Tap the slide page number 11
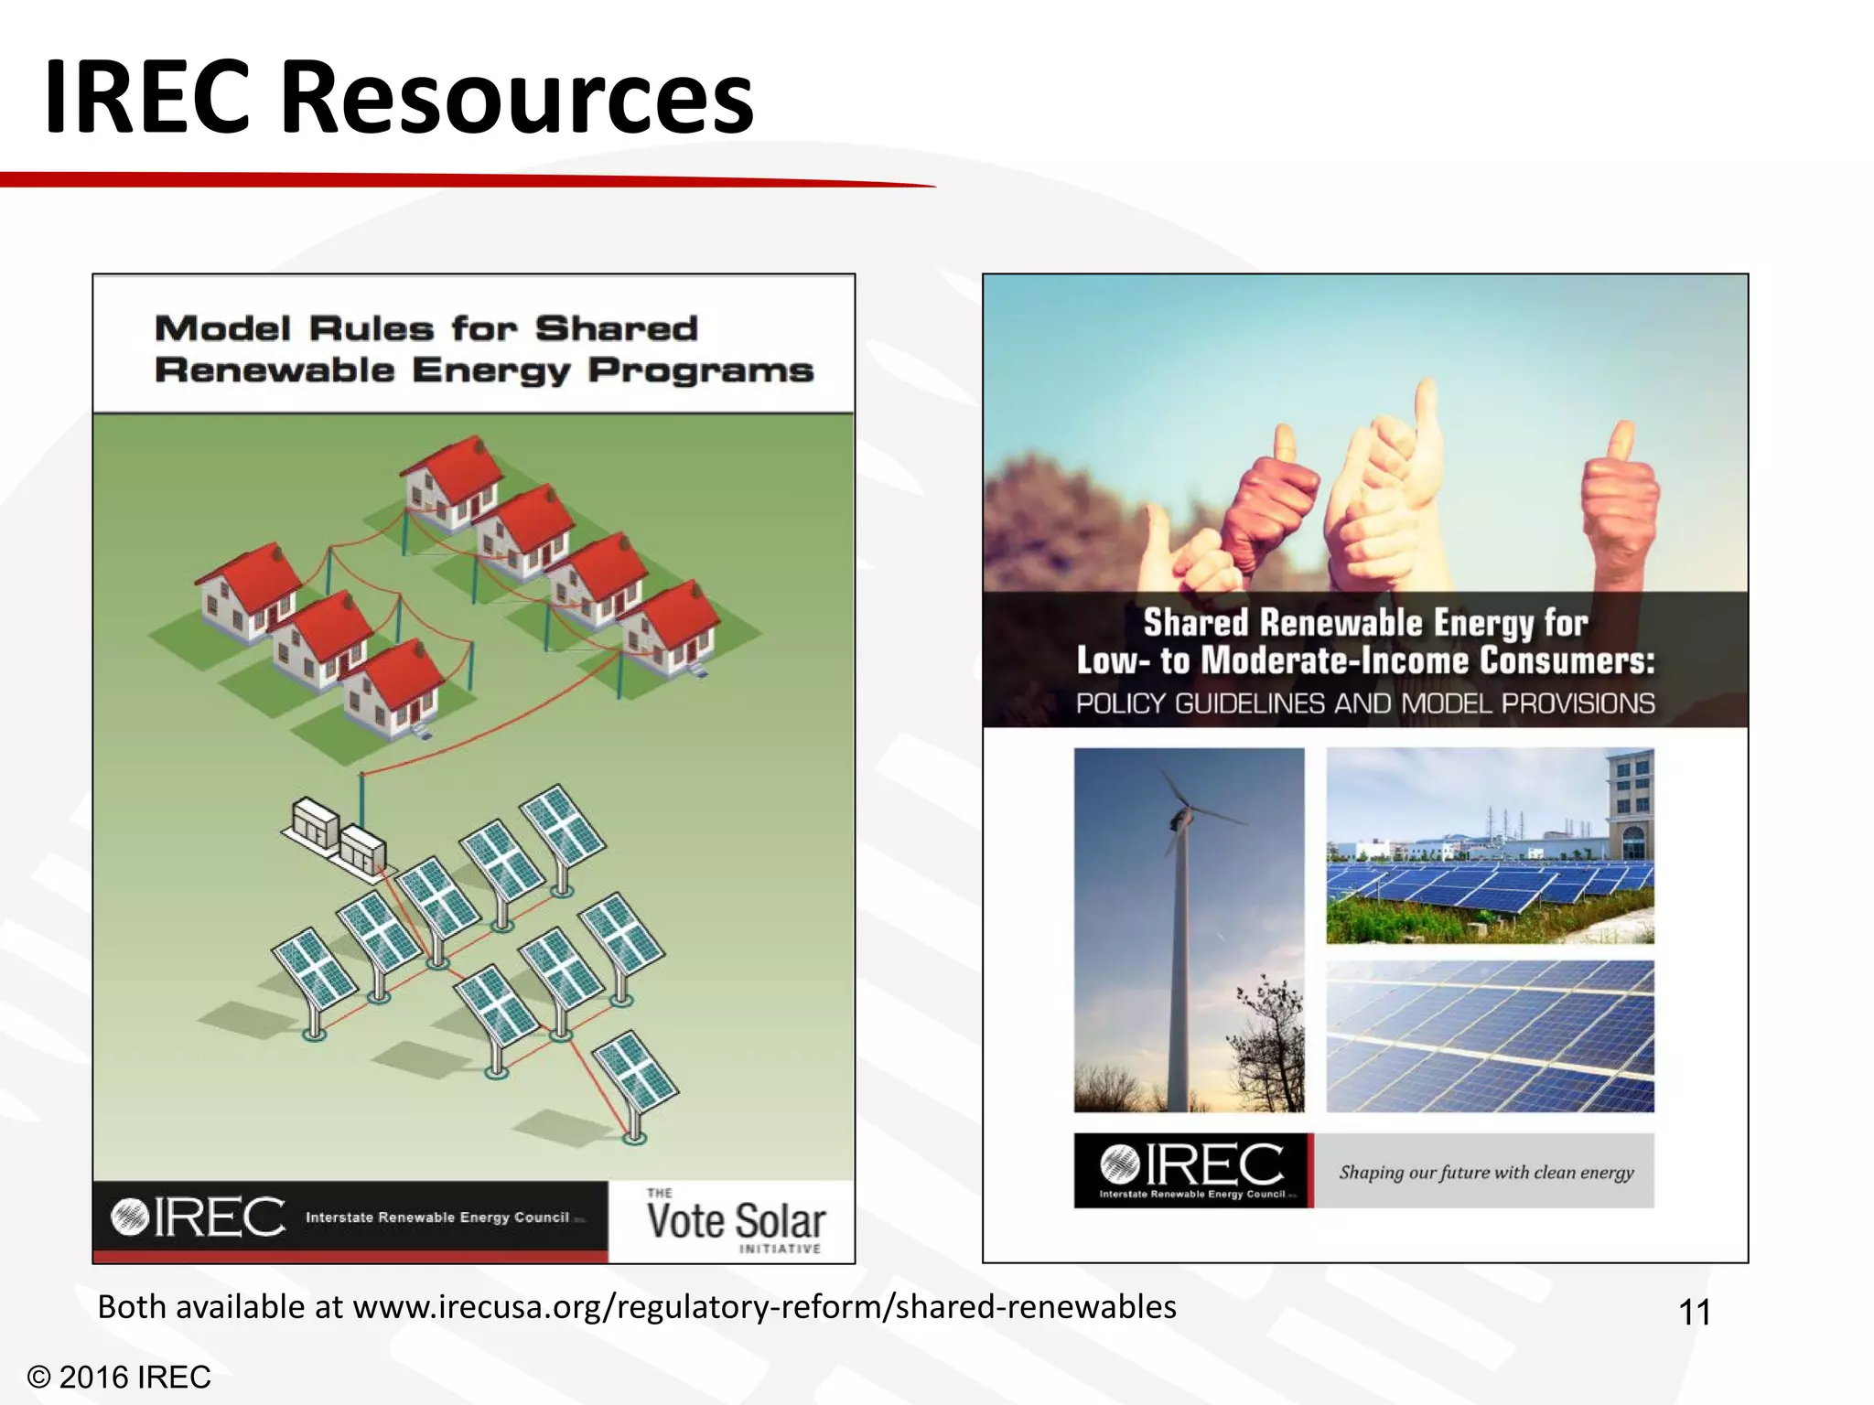click(x=1695, y=1313)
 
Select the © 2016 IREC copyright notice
click(x=119, y=1377)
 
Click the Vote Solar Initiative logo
click(x=735, y=1222)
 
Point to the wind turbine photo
click(x=1189, y=929)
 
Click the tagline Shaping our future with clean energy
click(x=1486, y=1172)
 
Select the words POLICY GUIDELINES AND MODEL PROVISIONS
click(x=1364, y=703)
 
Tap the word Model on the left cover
click(x=222, y=328)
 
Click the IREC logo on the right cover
click(x=1191, y=1169)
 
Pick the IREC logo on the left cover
click(x=198, y=1217)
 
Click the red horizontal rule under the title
click(x=458, y=180)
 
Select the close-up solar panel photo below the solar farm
click(x=1490, y=1035)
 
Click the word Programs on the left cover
click(x=700, y=370)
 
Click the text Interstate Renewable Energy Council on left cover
click(x=437, y=1217)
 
